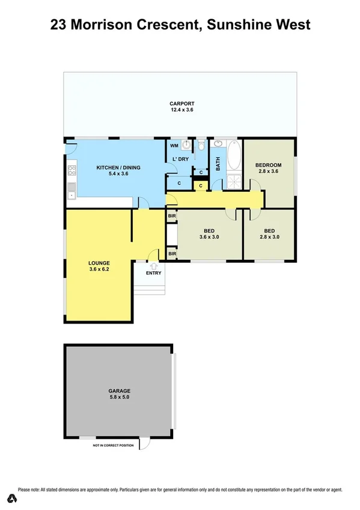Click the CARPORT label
tap(181, 105)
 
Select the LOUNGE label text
tap(98, 263)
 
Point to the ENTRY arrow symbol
tap(153, 265)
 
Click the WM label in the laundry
tap(174, 146)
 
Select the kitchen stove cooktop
tap(72, 170)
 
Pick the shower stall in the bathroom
tap(233, 180)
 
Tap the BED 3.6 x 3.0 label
tap(209, 233)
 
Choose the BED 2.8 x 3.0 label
tap(269, 233)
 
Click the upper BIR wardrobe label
tap(172, 215)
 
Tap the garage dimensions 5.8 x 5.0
tap(119, 397)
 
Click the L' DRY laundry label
tap(181, 159)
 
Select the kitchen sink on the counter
tap(71, 194)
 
